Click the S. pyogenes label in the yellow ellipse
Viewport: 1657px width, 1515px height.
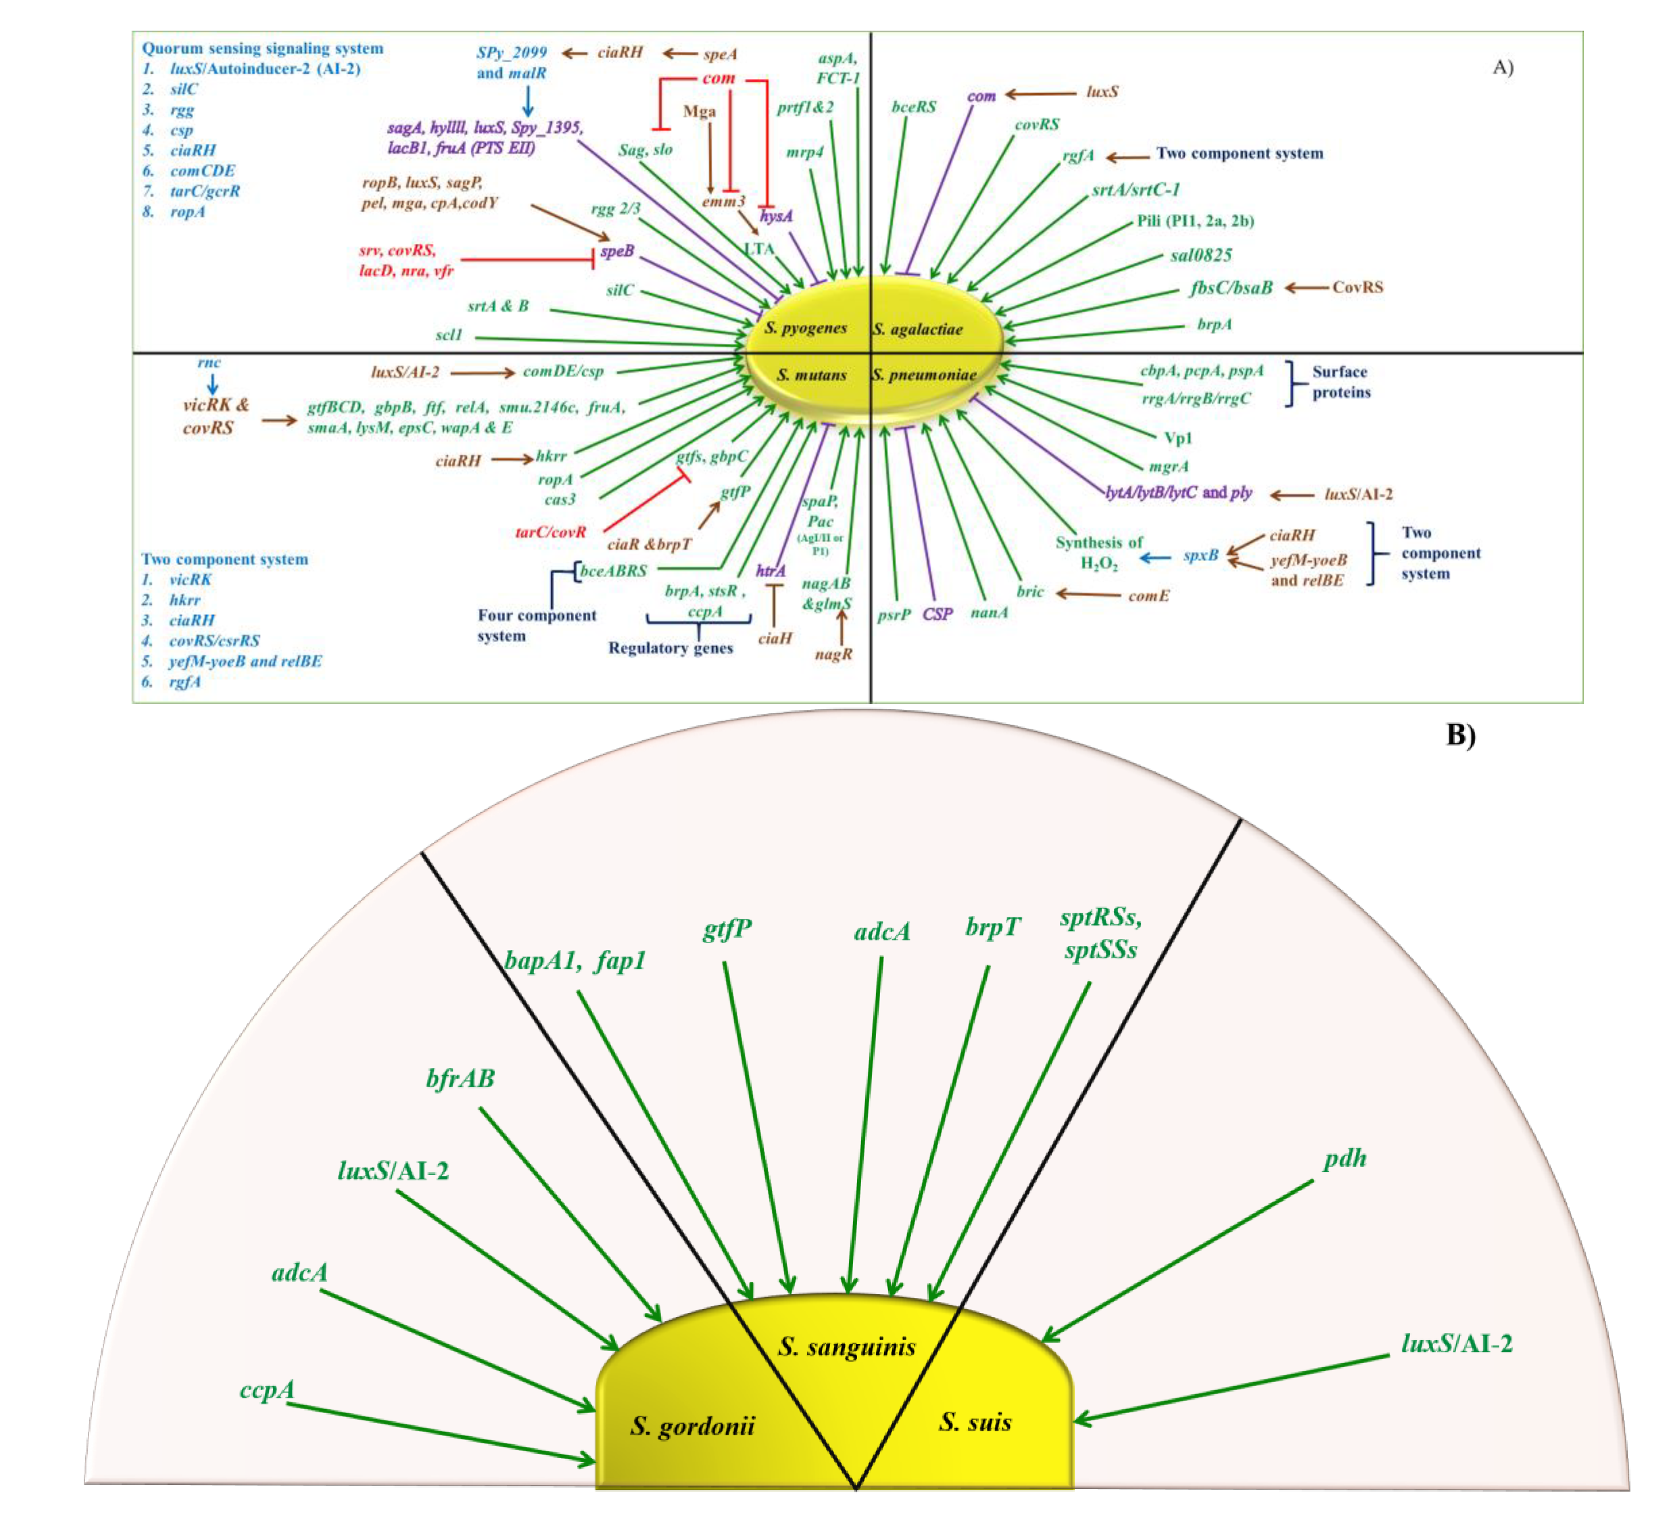point(805,328)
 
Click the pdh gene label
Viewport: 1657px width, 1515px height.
point(1345,1158)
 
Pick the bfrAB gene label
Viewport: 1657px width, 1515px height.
point(460,1078)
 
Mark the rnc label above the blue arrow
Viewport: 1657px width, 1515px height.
point(209,363)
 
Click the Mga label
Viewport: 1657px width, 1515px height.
point(699,111)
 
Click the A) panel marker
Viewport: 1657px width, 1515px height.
point(1503,68)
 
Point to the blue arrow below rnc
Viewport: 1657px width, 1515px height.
point(212,384)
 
